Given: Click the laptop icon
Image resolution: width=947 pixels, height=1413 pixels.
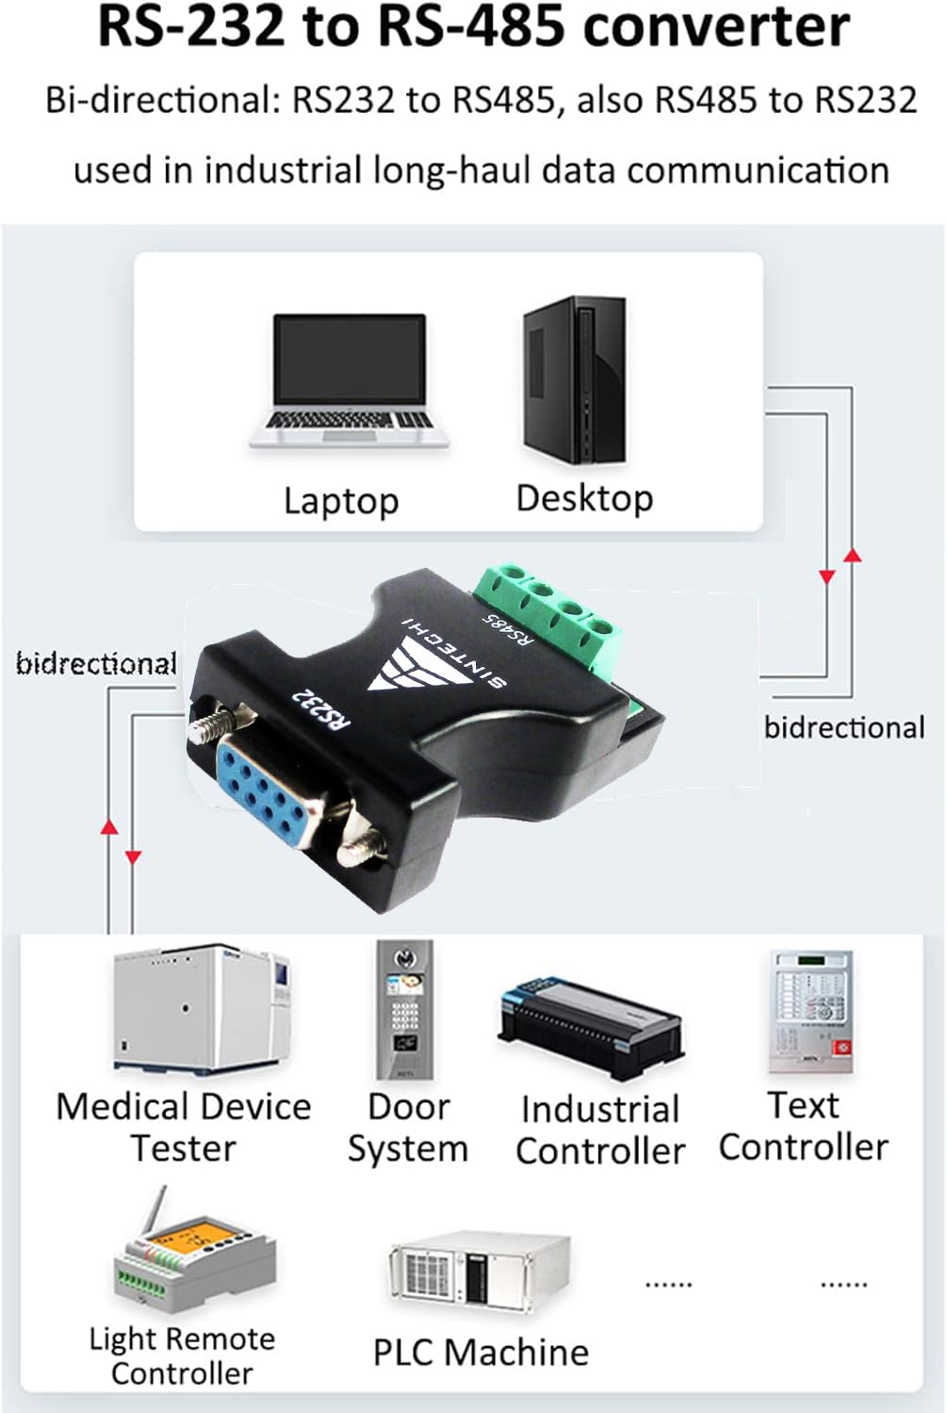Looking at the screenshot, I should pos(349,382).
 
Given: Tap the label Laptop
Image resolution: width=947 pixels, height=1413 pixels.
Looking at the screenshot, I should pos(341,500).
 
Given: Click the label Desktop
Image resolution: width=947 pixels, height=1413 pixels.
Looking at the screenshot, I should pos(584,497).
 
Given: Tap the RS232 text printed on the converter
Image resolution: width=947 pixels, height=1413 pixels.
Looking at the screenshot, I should pos(321,706).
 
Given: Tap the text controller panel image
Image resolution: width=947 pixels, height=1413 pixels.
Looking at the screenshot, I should pos(809,1013).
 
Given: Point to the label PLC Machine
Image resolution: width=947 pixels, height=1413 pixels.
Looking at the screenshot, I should pos(481,1353).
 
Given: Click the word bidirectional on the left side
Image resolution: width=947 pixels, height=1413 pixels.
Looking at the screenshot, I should pos(96,664).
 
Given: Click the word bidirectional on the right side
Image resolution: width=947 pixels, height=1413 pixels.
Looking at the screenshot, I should pos(844,727).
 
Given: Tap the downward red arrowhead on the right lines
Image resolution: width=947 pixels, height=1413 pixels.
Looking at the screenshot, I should pos(827,577).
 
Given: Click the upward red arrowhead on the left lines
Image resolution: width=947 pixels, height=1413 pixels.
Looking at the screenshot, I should pos(109,826).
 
